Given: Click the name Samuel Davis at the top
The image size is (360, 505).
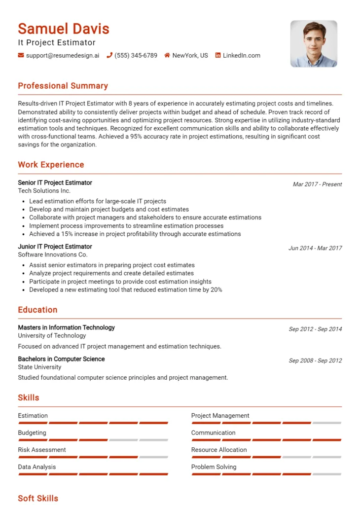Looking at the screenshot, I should (64, 29).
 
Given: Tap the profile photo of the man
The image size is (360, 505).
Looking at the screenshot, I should (314, 43).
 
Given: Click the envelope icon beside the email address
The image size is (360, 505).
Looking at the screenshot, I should (21, 55).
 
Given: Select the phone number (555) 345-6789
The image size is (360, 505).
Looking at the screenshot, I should (136, 55).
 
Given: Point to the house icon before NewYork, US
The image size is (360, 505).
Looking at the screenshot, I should (167, 55).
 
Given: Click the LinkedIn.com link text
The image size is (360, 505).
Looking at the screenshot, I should (241, 55).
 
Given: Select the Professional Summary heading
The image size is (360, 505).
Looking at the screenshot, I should (63, 86).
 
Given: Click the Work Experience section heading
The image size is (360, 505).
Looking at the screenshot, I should (51, 165).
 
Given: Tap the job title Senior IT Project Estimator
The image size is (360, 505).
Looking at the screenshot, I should (55, 182).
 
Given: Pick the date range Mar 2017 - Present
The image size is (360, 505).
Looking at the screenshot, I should (317, 184).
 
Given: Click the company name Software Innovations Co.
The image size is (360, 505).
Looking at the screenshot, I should (52, 254).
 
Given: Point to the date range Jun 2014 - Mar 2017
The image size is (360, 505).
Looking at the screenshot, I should (315, 248).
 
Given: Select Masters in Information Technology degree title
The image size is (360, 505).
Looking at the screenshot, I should (66, 327).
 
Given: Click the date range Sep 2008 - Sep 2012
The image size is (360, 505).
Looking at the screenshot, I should (315, 361).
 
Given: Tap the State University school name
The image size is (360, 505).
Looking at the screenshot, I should (39, 367).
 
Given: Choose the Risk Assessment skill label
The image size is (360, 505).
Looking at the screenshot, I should (42, 450).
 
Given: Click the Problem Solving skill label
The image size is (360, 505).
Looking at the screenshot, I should (214, 467).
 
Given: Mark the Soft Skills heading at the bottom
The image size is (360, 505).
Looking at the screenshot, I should (38, 498).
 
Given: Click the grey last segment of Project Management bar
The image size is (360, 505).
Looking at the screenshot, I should (326, 423).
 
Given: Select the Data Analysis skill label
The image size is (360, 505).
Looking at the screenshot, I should (36, 467).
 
